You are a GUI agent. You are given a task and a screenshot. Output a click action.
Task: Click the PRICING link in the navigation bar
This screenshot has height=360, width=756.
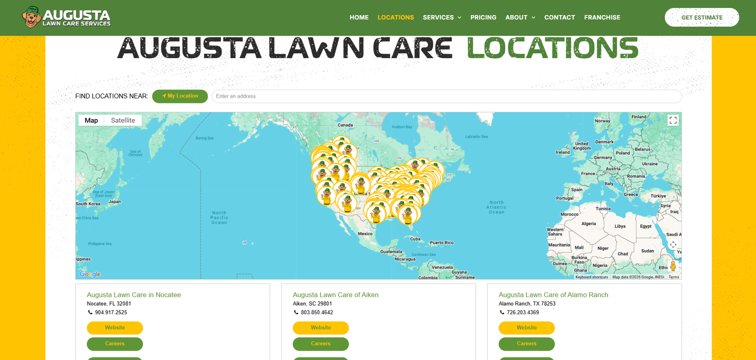[483, 17]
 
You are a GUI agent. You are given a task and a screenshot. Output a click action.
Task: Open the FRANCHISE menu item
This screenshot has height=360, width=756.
[602, 17]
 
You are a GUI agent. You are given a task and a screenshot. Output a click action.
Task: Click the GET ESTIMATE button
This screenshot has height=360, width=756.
[702, 17]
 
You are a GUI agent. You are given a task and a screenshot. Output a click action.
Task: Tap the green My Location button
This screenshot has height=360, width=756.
[180, 96]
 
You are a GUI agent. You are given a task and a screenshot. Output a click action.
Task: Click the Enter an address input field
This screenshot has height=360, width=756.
[446, 96]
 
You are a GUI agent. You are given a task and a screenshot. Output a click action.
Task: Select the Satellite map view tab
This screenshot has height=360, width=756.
[123, 120]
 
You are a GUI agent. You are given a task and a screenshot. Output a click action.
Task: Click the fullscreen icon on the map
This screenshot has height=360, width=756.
[673, 120]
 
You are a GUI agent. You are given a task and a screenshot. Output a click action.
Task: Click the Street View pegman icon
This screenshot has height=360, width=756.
[673, 266]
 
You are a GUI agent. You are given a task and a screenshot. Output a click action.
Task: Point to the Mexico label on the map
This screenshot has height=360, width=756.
[365, 234]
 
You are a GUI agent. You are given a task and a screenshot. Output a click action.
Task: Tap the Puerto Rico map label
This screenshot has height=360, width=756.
[441, 243]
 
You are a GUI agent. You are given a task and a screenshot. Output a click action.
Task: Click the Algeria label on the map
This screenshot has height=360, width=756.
[588, 224]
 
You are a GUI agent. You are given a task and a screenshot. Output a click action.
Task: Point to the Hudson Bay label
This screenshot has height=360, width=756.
[402, 127]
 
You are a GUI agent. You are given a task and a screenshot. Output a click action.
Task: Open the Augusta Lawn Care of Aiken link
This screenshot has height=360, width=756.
[335, 295]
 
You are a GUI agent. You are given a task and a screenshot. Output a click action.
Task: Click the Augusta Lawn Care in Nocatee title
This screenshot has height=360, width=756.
[134, 295]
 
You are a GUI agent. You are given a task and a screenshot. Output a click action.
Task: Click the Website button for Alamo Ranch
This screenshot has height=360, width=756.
[526, 328]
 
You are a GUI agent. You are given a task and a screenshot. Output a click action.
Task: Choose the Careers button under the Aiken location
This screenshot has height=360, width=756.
[320, 344]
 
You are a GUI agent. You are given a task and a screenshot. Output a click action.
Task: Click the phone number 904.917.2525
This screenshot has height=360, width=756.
[111, 312]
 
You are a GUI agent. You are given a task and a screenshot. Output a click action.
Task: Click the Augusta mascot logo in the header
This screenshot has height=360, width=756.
[32, 17]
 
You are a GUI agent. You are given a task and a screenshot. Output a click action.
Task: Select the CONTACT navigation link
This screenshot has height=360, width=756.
[559, 17]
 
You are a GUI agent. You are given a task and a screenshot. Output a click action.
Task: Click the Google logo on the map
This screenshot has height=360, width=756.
[90, 274]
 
